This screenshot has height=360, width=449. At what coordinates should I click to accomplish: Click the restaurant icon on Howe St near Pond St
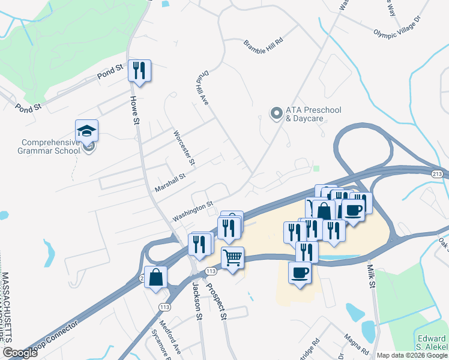point(139,71)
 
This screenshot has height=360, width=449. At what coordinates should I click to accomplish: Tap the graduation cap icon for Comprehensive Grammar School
point(86,131)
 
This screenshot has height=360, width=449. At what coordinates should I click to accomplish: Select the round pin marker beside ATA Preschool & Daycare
point(276,113)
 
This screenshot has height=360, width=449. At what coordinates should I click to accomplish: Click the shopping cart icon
point(232,258)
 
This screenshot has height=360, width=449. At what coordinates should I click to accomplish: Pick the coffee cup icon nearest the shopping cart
point(300,272)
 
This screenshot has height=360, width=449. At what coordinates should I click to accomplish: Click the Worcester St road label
point(184,148)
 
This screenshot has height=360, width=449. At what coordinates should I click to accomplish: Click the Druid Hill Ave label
point(202,91)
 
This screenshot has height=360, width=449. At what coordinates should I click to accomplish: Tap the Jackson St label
point(196,298)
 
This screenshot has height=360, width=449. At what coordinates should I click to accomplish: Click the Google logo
point(20,353)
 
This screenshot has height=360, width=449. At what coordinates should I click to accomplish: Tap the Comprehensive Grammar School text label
point(50,146)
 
